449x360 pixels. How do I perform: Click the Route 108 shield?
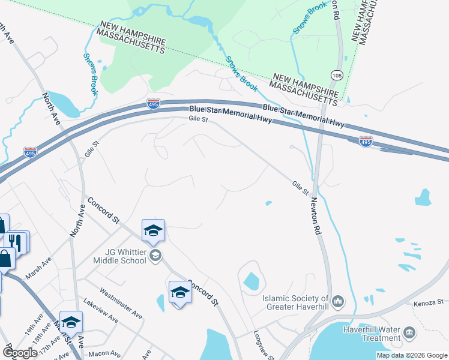point(337,74)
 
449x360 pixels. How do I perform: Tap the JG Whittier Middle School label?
point(120,256)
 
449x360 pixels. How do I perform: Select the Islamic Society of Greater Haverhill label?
point(296,302)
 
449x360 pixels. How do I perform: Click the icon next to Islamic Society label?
point(338,300)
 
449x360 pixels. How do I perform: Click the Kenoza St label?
point(428,302)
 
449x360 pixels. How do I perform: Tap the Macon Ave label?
point(102,354)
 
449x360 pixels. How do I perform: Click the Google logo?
point(19,353)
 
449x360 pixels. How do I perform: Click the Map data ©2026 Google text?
point(412,355)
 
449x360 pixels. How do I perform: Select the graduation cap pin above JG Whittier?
point(153,230)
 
